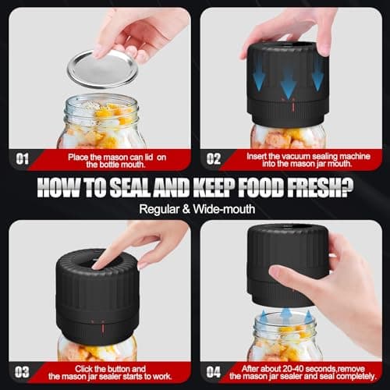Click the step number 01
[x=23, y=158]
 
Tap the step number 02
[x=214, y=158]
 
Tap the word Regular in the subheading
[x=159, y=208]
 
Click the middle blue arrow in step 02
[x=288, y=81]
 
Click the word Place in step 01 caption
[x=79, y=154]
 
